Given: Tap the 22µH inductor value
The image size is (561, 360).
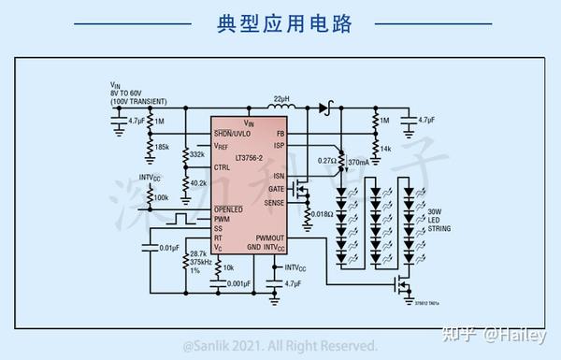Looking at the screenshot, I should click(x=280, y=98).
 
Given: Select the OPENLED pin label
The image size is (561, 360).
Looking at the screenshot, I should click(x=230, y=209).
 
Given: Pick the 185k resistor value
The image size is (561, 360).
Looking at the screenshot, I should click(x=163, y=147).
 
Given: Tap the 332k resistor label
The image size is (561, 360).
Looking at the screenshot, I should click(x=197, y=154).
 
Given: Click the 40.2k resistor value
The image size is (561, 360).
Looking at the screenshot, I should click(x=198, y=182).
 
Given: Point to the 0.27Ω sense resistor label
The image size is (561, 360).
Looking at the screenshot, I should click(x=326, y=161).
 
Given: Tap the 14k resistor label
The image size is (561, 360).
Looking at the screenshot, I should click(x=384, y=148).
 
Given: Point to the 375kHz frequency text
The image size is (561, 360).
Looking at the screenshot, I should click(x=199, y=263).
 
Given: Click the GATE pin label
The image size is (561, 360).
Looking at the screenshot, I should click(x=276, y=189).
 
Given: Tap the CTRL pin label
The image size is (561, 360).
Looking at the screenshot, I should click(x=223, y=167).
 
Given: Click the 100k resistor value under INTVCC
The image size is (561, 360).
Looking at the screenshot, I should click(x=161, y=197).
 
